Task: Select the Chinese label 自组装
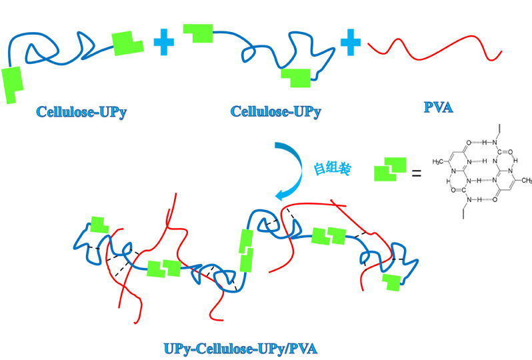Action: click(x=331, y=168)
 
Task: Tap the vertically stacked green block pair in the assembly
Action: click(x=246, y=250)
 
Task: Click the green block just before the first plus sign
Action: click(x=127, y=43)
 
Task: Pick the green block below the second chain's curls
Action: click(x=295, y=77)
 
